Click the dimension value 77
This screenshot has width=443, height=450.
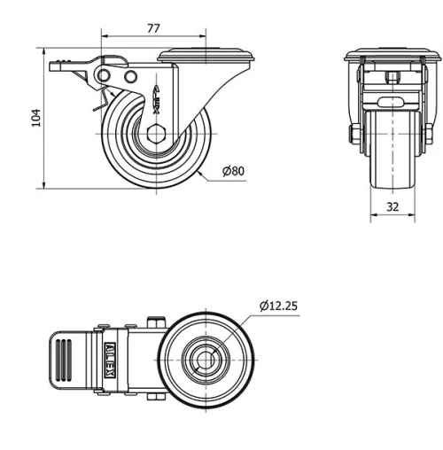[153, 28]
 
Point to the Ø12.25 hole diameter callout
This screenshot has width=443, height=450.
[278, 306]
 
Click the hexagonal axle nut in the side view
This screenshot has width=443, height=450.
[156, 136]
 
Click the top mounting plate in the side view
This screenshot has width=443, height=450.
[210, 56]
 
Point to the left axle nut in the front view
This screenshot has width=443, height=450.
[354, 136]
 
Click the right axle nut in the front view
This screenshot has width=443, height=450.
[427, 136]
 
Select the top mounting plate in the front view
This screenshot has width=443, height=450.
[390, 55]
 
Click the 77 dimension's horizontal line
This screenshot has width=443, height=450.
[133, 37]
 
